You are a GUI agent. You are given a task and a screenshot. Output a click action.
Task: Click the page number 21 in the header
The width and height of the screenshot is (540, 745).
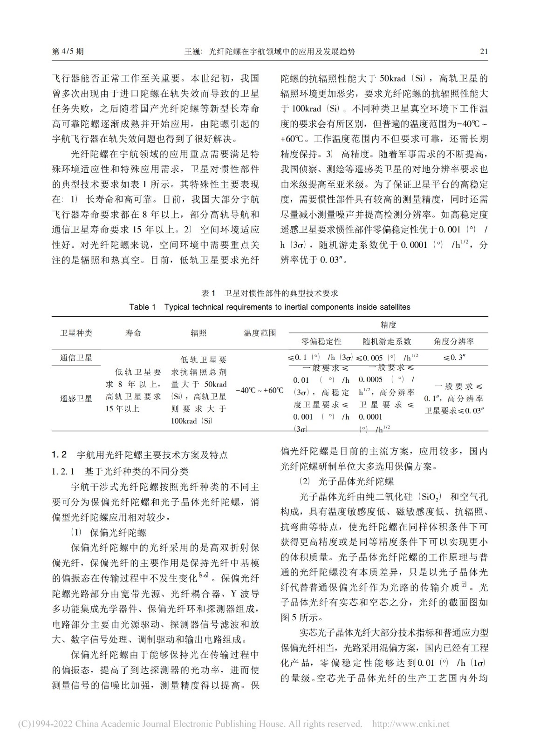[484, 51]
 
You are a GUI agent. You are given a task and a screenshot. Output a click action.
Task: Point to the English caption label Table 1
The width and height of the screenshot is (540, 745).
[142, 307]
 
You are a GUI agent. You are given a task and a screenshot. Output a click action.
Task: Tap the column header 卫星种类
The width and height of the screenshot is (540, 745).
[76, 333]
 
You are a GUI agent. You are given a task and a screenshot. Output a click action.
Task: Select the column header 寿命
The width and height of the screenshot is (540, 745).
[133, 333]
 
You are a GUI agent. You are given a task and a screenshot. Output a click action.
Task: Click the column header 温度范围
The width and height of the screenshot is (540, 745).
[260, 333]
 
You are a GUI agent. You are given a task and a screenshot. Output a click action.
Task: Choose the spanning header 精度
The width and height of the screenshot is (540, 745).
[388, 325]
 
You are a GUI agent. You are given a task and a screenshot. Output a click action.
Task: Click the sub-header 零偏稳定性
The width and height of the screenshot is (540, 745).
[321, 341]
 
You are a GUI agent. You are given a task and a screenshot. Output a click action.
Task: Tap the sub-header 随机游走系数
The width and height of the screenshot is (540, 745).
[387, 341]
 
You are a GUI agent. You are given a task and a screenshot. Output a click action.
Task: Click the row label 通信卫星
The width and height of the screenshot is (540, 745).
[76, 358]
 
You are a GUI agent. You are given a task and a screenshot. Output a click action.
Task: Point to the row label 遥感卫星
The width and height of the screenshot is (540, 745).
[76, 399]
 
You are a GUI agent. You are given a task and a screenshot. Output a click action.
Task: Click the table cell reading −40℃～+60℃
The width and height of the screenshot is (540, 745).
[260, 390]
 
